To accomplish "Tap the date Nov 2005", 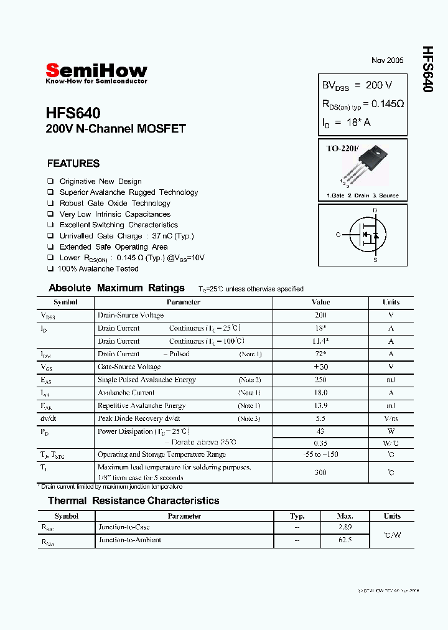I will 387,60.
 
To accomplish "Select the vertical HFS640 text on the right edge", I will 427,69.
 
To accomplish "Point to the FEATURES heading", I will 73,164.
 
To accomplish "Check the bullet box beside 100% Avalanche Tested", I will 50,269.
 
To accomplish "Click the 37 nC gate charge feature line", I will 126,236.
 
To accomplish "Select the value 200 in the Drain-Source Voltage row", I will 320,315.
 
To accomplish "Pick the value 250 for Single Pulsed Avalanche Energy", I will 320,380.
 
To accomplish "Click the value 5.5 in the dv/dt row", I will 320,418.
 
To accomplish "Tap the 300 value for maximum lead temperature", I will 320,472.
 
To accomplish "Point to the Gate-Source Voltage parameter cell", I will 129,367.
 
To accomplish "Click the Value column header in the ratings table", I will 320,303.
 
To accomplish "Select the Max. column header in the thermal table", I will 345,516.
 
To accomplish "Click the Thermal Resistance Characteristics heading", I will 133,501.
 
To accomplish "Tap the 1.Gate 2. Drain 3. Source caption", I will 363,195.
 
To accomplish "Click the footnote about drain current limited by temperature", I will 110,486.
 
